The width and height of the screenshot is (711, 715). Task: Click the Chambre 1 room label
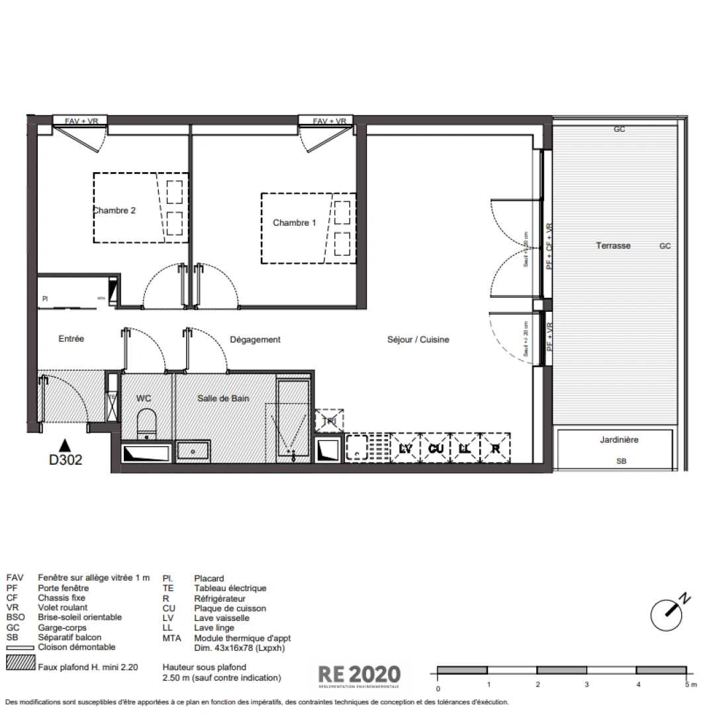[x=294, y=223]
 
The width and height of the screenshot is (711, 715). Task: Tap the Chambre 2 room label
[x=115, y=211]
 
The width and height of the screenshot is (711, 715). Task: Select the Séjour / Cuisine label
[x=418, y=340]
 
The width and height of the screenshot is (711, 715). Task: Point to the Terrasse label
[x=613, y=246]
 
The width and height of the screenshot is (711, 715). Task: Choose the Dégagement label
[x=255, y=340]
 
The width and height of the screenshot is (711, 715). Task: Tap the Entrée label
[x=71, y=339]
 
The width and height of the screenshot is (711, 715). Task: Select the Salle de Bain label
[x=222, y=399]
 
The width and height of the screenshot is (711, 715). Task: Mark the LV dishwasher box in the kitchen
[x=406, y=449]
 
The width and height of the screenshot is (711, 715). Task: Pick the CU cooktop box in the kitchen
[x=435, y=449]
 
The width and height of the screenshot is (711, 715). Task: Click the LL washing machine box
[x=465, y=449]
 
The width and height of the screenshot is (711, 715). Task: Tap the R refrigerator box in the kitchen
[x=495, y=449]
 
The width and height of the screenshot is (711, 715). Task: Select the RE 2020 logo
[x=359, y=675]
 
